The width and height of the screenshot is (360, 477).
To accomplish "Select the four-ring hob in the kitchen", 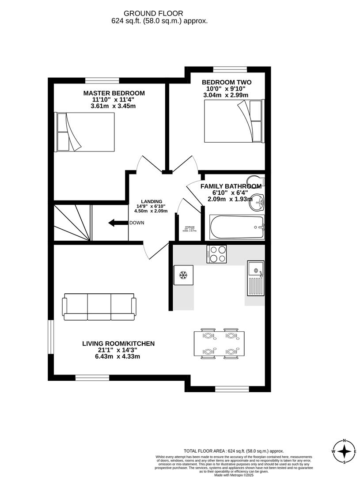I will pyautogui.click(x=216, y=254).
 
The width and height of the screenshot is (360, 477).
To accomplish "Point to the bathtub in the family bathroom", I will pyautogui.click(x=237, y=227).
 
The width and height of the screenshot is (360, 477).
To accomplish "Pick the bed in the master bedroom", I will pyautogui.click(x=84, y=131).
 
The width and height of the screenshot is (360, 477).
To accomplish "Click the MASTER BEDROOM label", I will pyautogui.click(x=114, y=93).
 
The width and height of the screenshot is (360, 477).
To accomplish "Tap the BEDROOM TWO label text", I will pyautogui.click(x=226, y=82).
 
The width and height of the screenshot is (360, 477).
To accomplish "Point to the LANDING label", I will pyautogui.click(x=152, y=201).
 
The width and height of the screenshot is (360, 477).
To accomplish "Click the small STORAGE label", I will pyautogui.click(x=189, y=227).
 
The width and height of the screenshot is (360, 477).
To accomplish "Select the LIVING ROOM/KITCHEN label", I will pyautogui.click(x=118, y=343).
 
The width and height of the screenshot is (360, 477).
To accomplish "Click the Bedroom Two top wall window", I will pyautogui.click(x=230, y=69).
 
